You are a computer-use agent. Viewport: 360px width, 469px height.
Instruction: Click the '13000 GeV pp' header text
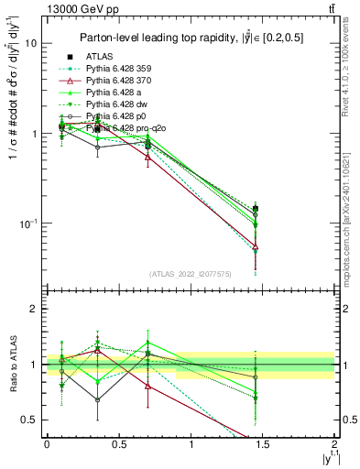click(75, 9)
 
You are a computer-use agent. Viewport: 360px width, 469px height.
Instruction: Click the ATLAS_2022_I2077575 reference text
click(190, 274)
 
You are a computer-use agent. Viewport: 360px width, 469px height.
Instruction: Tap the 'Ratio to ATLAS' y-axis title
click(12, 365)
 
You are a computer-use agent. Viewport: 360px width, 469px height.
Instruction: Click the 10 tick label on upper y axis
click(30, 43)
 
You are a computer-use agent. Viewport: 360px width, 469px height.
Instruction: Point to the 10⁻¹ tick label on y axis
click(28, 224)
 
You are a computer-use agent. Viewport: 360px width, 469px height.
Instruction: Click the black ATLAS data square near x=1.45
click(256, 209)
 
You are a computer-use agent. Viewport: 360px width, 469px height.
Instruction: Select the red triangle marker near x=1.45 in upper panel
click(256, 246)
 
